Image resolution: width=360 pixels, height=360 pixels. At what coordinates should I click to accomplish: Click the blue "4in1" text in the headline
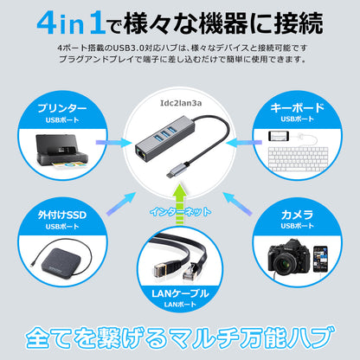(x=71, y=23)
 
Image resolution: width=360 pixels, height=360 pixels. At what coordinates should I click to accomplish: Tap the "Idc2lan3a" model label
(x=181, y=103)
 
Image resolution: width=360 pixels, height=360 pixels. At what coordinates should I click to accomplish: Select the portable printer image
(x=61, y=151)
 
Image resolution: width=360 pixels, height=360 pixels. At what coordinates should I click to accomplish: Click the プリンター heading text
(x=62, y=108)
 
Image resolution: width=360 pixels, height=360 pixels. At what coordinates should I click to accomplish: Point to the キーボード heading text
(x=297, y=107)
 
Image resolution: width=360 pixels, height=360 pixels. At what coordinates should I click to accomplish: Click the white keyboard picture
(x=298, y=159)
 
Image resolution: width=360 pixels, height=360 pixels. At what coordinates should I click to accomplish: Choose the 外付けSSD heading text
(x=62, y=215)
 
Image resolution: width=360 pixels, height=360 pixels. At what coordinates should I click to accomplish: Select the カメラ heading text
(x=297, y=215)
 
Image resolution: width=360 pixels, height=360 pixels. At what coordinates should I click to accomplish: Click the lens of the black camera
(x=285, y=263)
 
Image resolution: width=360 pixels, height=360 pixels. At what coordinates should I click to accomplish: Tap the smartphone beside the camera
(x=320, y=259)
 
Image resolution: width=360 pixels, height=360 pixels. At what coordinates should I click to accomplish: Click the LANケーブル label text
(x=180, y=293)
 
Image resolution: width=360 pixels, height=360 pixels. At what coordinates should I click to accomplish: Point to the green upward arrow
(x=180, y=203)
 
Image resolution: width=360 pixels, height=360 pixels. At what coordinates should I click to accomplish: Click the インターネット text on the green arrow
(x=180, y=212)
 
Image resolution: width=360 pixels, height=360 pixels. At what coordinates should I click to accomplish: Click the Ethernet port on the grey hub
(x=141, y=154)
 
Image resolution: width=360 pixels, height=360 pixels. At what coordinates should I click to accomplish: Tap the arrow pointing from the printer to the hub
(x=114, y=143)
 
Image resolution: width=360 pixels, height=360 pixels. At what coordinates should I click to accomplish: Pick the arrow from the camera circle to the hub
(x=237, y=204)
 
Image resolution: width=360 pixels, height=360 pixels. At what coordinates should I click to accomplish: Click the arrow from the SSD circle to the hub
(x=121, y=204)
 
